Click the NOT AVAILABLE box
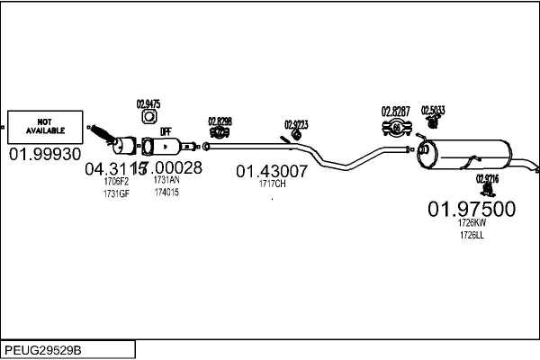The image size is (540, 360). point(44,127)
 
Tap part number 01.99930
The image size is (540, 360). point(45,154)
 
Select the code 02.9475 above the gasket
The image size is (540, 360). point(148,104)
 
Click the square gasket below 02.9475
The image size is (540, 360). point(148,122)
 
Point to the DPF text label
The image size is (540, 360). point(166,131)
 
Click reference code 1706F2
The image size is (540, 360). point(116,181)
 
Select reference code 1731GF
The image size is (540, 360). point(116,193)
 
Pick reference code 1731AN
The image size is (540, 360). point(166,180)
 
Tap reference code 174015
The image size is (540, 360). point(166,193)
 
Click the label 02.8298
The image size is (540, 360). point(220,121)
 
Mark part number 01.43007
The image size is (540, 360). point(272,169)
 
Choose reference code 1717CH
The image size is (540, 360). point(272,184)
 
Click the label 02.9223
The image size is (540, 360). point(296,124)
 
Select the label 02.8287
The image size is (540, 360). point(396,112)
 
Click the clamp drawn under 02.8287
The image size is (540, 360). point(395,129)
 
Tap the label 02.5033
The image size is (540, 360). point(433,110)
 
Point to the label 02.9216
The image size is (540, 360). point(488,178)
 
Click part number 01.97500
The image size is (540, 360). point(471,209)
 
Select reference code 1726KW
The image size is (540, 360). point(471,222)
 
